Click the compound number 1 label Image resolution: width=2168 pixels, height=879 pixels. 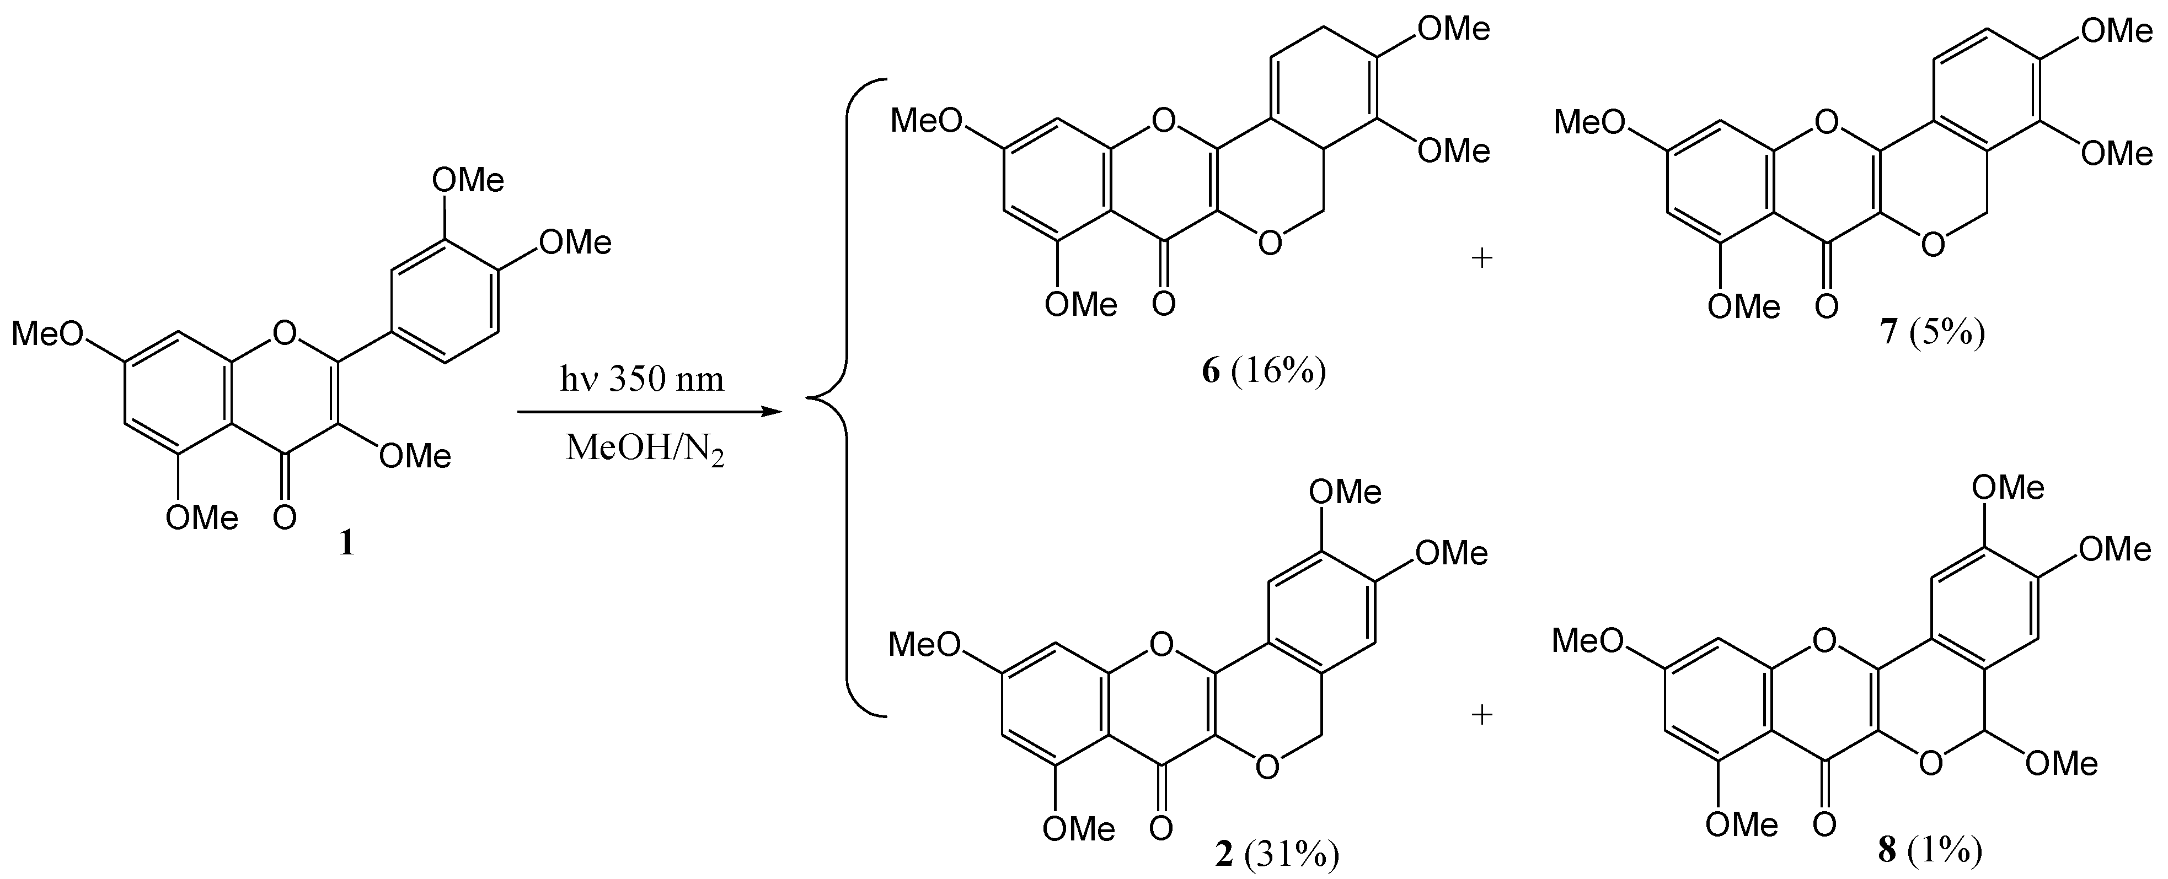tap(346, 544)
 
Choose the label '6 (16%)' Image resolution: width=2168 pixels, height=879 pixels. tap(1264, 371)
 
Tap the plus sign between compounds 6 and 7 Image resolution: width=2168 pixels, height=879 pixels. tap(1481, 257)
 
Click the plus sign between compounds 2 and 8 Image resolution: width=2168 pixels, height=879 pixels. tap(1481, 715)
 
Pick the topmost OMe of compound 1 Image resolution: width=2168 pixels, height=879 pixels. tap(468, 180)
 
